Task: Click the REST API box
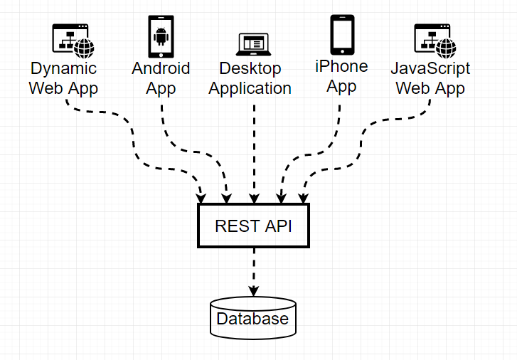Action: click(x=253, y=226)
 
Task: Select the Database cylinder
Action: click(x=253, y=318)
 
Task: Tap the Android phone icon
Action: click(x=161, y=37)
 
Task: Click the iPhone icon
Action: click(x=342, y=34)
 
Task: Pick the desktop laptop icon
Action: click(x=253, y=44)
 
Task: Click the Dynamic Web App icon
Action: click(x=73, y=40)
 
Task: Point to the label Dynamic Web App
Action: click(x=63, y=78)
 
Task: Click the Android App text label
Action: click(x=161, y=78)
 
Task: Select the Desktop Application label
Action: click(x=250, y=78)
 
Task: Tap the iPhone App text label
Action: click(x=342, y=76)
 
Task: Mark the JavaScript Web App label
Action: click(x=430, y=78)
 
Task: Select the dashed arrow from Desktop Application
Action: click(x=253, y=149)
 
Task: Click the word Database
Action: click(x=253, y=319)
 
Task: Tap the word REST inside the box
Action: click(x=235, y=226)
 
